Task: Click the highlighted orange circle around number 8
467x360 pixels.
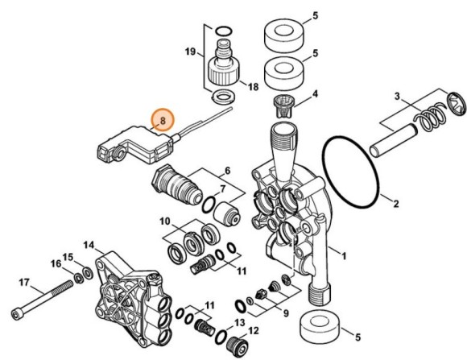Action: click(163, 121)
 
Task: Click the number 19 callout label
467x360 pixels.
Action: click(190, 52)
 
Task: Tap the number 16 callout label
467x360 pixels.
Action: click(56, 263)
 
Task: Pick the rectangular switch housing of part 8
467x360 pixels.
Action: click(129, 143)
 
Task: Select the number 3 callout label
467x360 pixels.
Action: click(397, 97)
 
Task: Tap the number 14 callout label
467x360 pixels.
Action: click(89, 245)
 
